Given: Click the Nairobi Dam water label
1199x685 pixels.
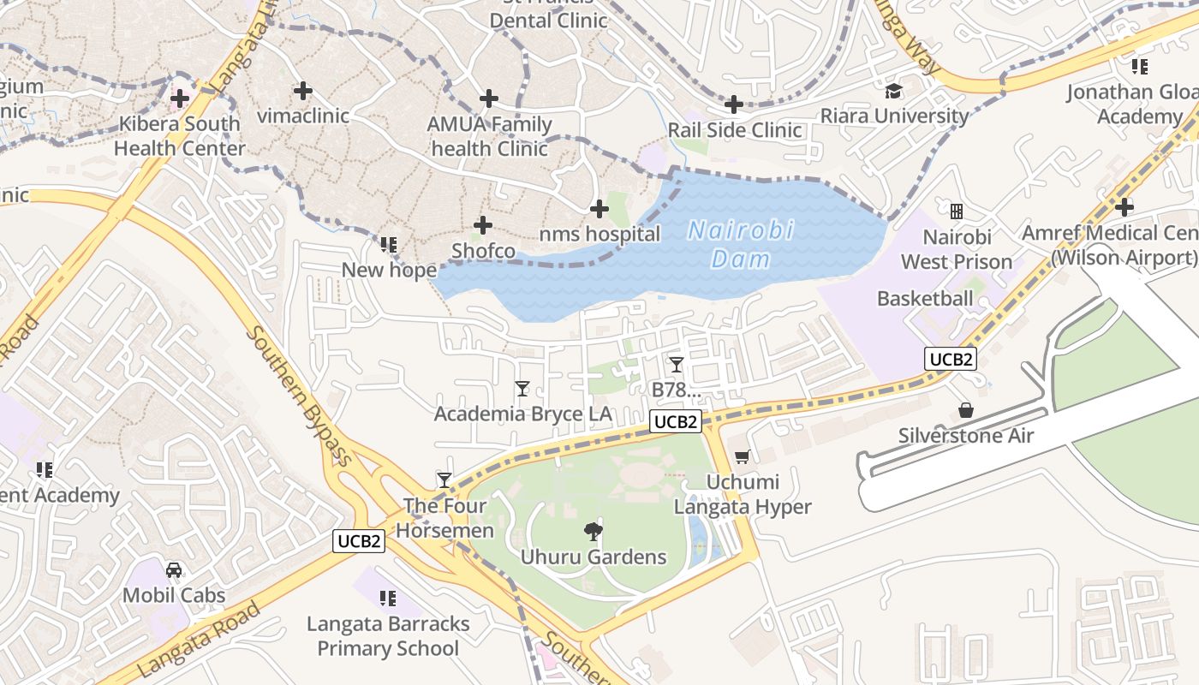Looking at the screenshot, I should pos(741,244).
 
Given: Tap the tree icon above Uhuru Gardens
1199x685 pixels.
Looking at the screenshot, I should pos(593,532).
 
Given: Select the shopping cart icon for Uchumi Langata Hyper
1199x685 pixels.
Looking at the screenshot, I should pos(742,457).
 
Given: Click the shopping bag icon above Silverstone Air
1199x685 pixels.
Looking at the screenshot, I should pos(966,410).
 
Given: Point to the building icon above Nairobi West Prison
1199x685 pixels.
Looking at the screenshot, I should pos(957,211).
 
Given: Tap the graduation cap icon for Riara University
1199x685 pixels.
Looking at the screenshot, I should pos(894,91).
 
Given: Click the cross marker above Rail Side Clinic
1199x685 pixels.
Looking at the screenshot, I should pos(733,104).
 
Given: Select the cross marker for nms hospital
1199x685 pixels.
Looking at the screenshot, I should pos(599,208).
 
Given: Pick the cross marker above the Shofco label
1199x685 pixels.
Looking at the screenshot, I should pos(483,225).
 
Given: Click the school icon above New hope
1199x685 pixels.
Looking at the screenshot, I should pos(389,245).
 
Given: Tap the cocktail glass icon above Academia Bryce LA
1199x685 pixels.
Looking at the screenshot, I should pos(522,389).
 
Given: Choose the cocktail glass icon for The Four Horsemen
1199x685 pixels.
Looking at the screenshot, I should pos(444,479).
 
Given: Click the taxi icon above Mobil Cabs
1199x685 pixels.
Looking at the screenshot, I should pos(174,569).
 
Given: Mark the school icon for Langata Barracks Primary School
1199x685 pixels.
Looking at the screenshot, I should pos(388,598).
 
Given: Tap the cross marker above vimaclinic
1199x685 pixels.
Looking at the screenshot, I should pos(302,90).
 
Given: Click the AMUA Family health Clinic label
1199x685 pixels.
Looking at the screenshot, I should pos(489,136).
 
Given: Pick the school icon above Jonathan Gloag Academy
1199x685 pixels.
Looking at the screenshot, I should pos(1139,66).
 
